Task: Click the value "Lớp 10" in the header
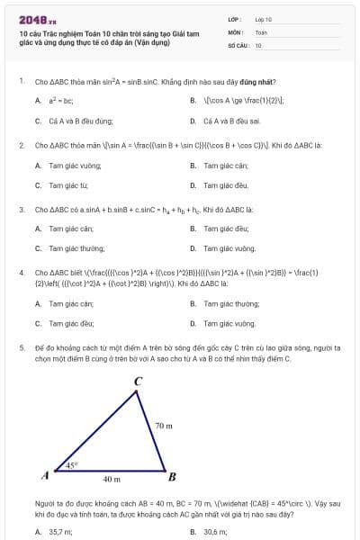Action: pyautogui.click(x=264, y=19)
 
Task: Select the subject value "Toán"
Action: pyautogui.click(x=261, y=31)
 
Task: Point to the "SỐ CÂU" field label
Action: pyautogui.click(x=237, y=44)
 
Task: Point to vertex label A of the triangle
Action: pyautogui.click(x=45, y=474)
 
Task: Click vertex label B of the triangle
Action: pyautogui.click(x=173, y=476)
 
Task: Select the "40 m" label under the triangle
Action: pyautogui.click(x=112, y=480)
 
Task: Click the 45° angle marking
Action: pyautogui.click(x=72, y=465)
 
